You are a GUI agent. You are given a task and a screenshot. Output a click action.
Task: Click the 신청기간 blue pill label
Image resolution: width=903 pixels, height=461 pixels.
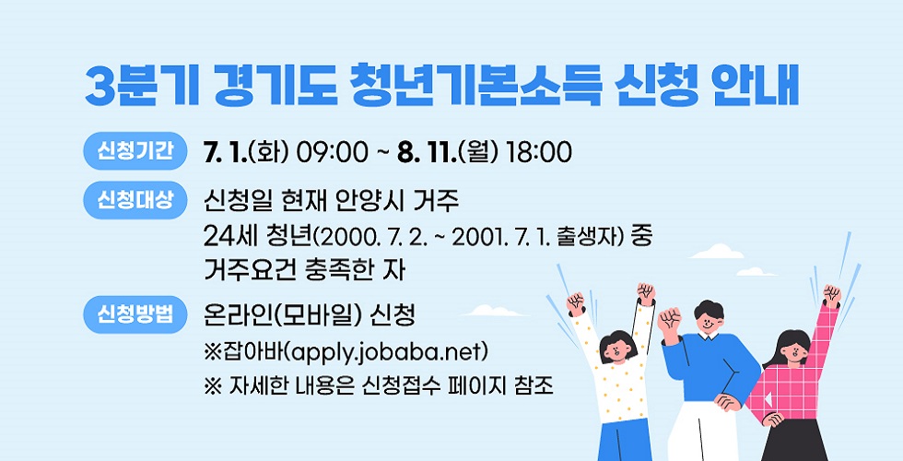click(135, 151)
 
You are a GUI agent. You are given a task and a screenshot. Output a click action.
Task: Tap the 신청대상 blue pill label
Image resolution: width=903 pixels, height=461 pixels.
click(135, 200)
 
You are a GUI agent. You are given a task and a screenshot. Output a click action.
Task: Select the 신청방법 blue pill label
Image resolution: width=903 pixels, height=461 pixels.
click(135, 314)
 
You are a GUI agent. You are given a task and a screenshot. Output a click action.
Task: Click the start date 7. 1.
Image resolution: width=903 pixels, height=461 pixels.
click(225, 152)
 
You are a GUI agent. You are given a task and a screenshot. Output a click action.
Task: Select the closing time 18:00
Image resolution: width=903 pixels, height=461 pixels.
click(538, 152)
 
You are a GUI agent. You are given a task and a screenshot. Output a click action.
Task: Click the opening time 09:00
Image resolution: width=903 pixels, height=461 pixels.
click(332, 152)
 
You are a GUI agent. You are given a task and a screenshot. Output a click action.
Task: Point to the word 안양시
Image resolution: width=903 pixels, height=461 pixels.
click(371, 202)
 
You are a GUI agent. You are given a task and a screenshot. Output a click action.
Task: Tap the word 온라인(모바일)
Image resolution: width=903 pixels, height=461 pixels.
click(284, 315)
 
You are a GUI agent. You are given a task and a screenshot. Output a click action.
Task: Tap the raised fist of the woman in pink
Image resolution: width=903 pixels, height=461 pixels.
click(831, 295)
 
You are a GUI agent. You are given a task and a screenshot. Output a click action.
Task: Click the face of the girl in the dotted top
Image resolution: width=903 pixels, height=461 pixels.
click(616, 351)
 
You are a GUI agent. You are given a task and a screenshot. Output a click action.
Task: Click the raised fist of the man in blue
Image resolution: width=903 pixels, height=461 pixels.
click(669, 319)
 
